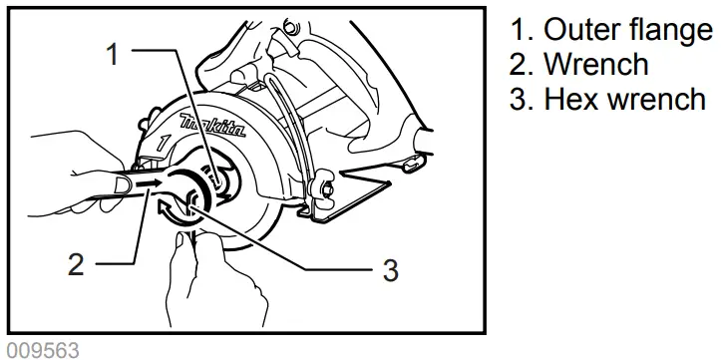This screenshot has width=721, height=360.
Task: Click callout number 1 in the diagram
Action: (114, 55)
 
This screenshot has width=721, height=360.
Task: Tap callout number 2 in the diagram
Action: (77, 265)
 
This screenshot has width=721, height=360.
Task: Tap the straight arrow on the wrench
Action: (148, 183)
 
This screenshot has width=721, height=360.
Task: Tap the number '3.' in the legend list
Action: (519, 100)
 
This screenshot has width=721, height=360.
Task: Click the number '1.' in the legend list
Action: (519, 31)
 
